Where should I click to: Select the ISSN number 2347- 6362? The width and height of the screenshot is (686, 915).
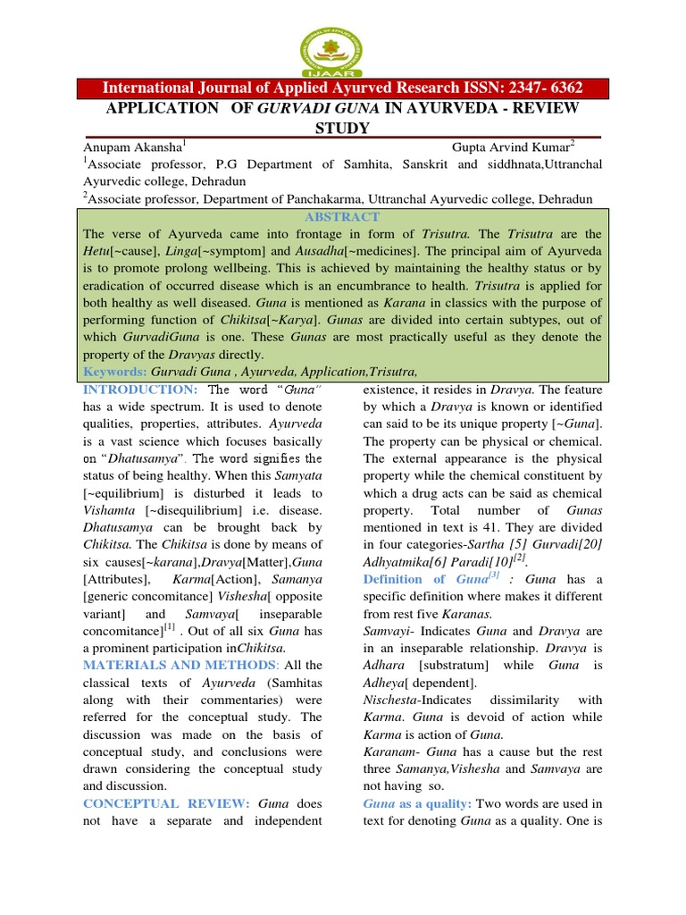click(533, 88)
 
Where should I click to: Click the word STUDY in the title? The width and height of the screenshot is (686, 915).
click(342, 128)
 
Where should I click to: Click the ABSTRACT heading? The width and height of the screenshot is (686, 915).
click(342, 216)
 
